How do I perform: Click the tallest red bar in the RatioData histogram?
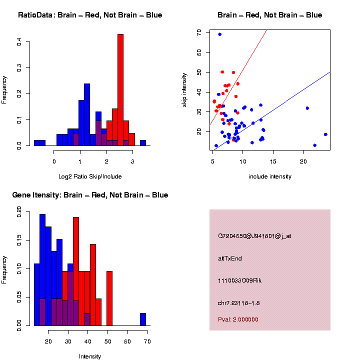point(120,90)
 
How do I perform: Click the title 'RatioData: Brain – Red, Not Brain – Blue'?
point(90,15)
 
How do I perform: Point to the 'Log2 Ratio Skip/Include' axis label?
point(90,176)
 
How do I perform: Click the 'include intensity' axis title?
point(270,176)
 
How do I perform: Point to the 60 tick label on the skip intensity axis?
point(198,52)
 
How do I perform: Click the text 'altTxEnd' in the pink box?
point(230,258)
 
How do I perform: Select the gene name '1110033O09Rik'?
point(239,280)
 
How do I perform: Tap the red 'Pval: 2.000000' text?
point(238,319)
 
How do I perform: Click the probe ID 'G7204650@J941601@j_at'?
point(254,236)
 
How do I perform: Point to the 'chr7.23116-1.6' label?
point(238,303)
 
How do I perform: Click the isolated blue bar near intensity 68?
point(143,319)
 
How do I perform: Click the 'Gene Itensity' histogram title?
point(90,195)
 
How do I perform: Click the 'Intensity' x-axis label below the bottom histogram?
point(90,356)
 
